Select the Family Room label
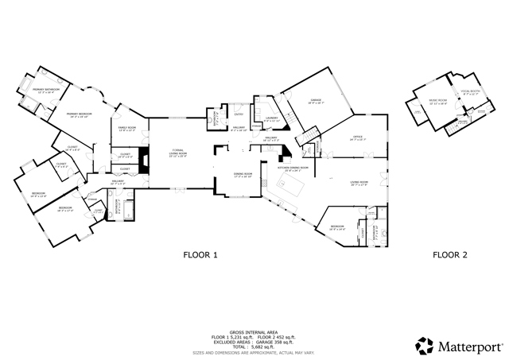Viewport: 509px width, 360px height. tap(127, 130)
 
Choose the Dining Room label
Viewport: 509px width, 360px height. tap(243, 174)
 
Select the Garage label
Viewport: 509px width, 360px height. tap(315, 101)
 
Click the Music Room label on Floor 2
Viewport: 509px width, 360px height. tap(437, 102)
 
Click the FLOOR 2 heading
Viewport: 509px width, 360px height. tap(450, 255)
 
